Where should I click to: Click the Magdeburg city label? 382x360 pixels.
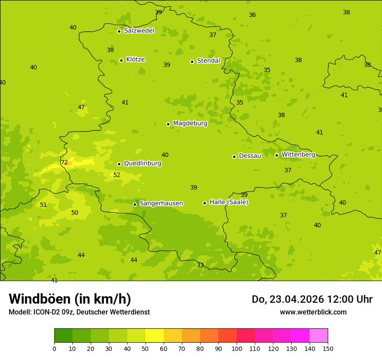190,124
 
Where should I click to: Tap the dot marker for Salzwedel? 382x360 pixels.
119,31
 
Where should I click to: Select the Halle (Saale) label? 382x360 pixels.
229,202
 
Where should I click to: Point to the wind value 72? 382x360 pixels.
64,163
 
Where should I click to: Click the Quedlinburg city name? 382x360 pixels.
142,164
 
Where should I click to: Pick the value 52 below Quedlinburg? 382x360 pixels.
117,175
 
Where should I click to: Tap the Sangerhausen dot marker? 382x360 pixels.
135,204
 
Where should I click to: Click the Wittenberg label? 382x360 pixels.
298,154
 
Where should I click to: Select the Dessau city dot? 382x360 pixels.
234,157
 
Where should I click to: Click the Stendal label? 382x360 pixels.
208,61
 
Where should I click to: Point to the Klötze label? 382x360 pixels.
135,59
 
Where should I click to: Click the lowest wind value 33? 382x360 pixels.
200,265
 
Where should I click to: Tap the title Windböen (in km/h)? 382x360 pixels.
70,299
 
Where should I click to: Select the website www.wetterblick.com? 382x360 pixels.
313,312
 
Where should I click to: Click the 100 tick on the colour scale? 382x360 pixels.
237,348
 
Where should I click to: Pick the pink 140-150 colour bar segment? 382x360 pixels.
319,336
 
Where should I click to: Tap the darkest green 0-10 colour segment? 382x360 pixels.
63,336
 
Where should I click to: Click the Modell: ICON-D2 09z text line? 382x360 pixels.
79,312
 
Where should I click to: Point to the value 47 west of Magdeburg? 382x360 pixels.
81,108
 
